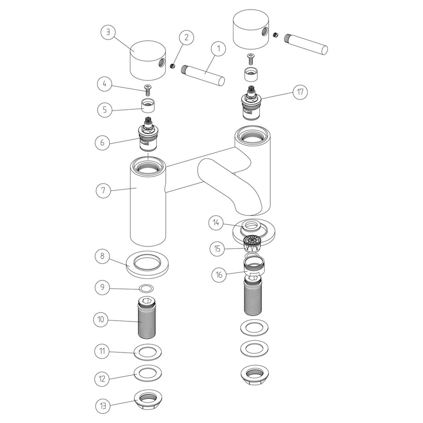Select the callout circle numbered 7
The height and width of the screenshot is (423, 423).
pyautogui.click(x=103, y=190)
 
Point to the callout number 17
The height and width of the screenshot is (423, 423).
pyautogui.click(x=300, y=92)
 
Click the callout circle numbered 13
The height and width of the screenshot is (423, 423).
pyautogui.click(x=103, y=406)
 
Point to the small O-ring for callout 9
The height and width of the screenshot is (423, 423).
pyautogui.click(x=147, y=288)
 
